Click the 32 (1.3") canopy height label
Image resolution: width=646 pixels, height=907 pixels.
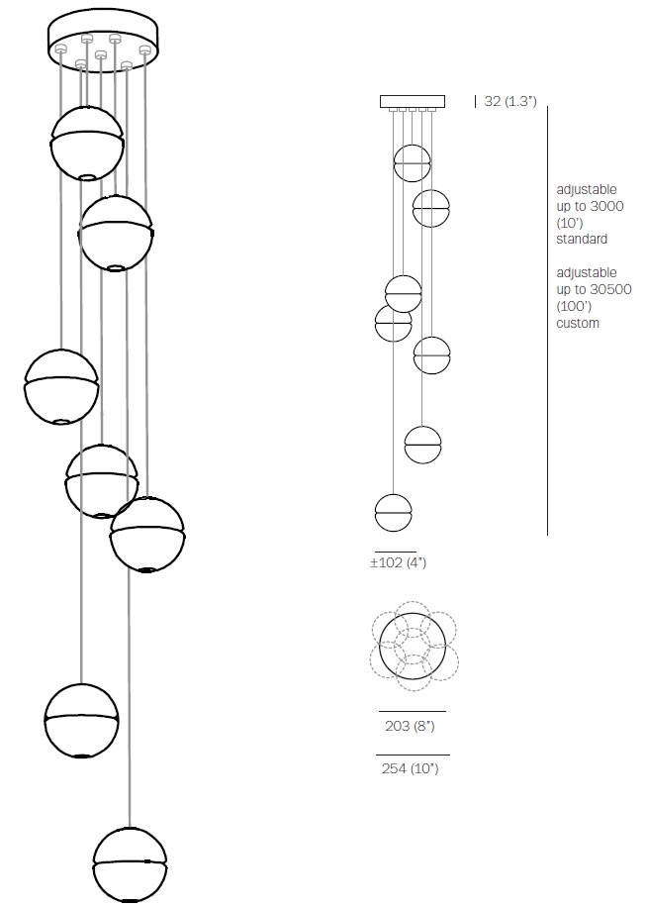pos(510,101)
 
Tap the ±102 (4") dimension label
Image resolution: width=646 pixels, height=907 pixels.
pos(398,562)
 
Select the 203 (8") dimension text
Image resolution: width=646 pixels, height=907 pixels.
pos(410,726)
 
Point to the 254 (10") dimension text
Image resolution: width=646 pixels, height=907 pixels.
pos(411,768)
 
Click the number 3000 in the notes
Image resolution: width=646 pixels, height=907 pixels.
pos(606,206)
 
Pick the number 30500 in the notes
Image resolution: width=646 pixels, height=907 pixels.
pos(610,289)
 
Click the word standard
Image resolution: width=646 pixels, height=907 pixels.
pos(582,239)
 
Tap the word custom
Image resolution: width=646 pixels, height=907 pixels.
pos(578,323)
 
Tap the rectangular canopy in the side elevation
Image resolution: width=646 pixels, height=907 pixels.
pos(413,101)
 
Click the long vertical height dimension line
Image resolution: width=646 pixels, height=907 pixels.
pos(547,321)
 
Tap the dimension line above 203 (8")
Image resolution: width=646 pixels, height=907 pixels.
pos(413,711)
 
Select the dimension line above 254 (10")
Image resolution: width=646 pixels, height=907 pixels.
pos(413,755)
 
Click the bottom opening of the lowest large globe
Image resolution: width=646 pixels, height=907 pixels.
pos(130,900)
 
